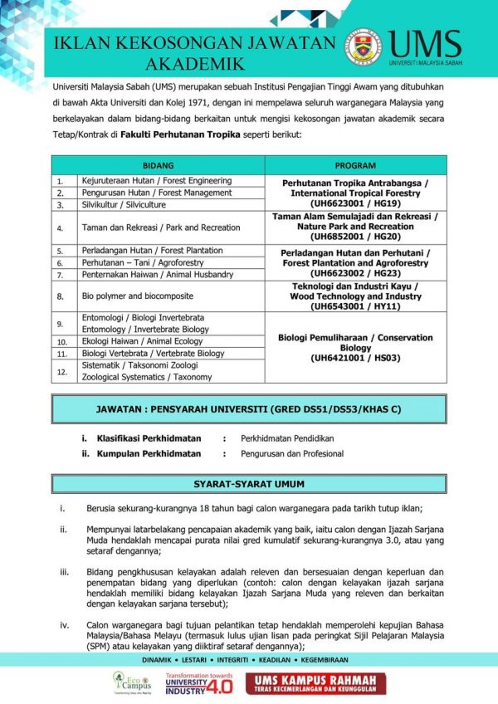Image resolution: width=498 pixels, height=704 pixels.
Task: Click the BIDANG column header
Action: (158, 165)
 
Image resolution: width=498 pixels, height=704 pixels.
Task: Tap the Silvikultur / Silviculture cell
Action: (124, 204)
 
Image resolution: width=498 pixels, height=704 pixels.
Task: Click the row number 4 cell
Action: (60, 227)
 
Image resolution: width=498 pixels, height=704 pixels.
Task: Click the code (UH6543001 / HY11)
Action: (354, 306)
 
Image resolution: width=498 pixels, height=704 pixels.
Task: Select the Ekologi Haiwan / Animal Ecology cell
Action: (130, 341)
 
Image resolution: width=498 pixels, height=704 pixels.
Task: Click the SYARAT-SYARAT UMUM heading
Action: (249, 484)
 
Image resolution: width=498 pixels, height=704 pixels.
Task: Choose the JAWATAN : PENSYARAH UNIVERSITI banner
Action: (249, 409)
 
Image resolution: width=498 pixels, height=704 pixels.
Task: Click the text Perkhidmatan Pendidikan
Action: (291, 438)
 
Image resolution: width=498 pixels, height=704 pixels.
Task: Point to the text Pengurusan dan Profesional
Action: (292, 454)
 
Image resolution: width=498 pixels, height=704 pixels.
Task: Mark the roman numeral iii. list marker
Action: (64, 572)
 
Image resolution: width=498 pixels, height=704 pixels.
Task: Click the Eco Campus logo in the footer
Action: (127, 683)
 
